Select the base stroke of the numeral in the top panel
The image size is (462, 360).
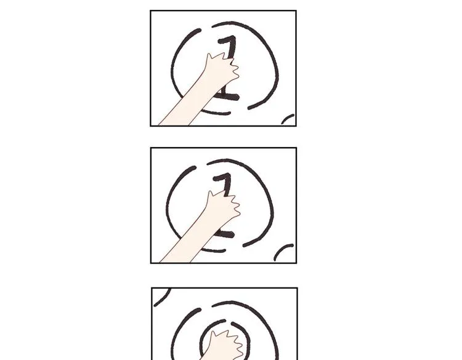tap(229, 97)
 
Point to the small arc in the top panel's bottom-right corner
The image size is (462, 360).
tap(288, 119)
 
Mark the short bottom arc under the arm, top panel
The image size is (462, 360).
tap(216, 113)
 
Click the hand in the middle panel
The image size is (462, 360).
tap(224, 207)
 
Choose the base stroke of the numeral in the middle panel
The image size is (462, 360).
tap(226, 234)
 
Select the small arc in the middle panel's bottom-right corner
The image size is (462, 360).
tap(282, 251)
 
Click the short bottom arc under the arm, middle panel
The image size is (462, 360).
tap(213, 250)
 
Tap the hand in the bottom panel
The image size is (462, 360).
tap(225, 345)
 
